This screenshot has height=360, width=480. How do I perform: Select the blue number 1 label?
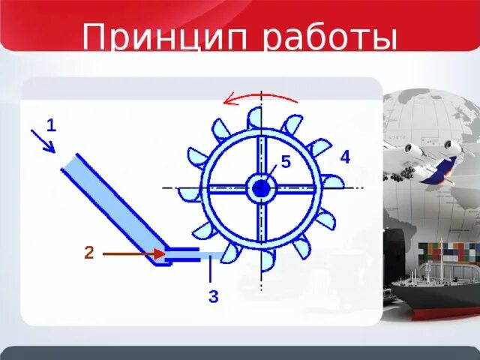pos(51,125)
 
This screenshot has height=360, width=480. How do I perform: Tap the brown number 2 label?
pos(88,253)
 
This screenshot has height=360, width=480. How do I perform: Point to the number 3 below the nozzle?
pos(213,297)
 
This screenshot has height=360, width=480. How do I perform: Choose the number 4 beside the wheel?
pos(345,157)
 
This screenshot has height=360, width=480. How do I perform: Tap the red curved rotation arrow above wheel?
pos(259,97)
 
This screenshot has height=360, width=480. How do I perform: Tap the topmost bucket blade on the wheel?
pos(255,118)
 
